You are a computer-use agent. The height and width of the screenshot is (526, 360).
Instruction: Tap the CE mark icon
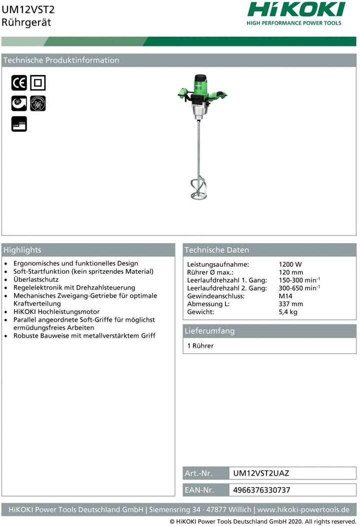[x=19, y=82]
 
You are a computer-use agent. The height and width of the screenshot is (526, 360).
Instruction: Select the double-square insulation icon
[x=37, y=82]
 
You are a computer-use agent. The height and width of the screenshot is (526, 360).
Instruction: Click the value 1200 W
[x=290, y=264]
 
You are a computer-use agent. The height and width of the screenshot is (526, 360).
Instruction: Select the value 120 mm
[x=290, y=272]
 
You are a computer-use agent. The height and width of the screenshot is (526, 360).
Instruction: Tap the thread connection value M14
[x=285, y=296]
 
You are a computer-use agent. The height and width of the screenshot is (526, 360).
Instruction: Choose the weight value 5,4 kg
[x=288, y=312]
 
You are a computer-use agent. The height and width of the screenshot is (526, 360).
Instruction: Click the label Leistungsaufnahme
[x=218, y=264]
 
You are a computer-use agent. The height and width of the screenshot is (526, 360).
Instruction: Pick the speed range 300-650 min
[x=299, y=288]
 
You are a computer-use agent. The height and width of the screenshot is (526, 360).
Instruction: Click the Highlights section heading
[x=22, y=250]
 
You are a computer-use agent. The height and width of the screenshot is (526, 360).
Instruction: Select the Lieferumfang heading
[x=209, y=331]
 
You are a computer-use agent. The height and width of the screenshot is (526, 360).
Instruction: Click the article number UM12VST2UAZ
[x=261, y=473]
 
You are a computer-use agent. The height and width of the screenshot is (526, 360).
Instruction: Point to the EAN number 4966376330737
[x=261, y=490]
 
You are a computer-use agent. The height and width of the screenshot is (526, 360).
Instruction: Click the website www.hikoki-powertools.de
[x=303, y=510]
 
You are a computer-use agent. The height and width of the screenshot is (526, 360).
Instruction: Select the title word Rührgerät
[x=26, y=22]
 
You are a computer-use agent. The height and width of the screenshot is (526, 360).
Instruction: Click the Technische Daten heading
[x=216, y=250]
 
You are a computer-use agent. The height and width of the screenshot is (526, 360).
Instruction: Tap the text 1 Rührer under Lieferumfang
[x=200, y=346]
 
